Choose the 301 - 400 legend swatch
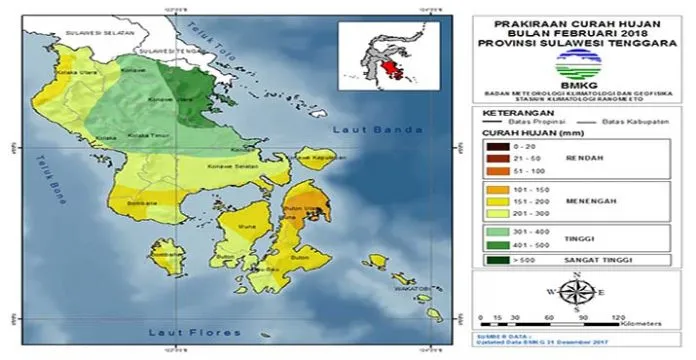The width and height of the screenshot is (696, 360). point(494,231)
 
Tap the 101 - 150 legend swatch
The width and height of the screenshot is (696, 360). point(494,188)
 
